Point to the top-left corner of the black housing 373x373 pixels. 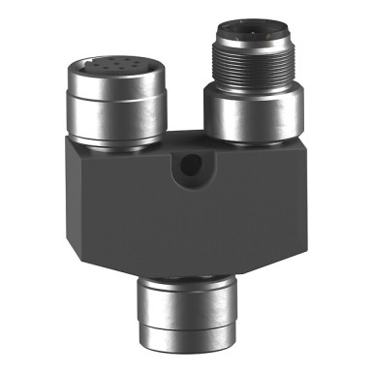[x=71, y=138]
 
